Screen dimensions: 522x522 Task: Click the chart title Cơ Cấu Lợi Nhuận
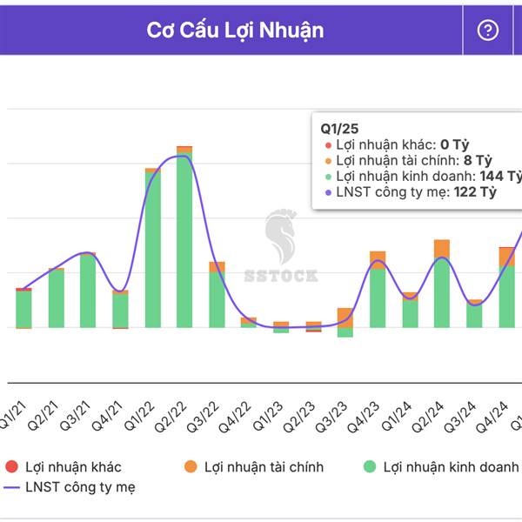[x=235, y=30]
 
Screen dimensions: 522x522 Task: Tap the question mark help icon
[x=488, y=30]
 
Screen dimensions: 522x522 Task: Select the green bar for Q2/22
[x=184, y=244]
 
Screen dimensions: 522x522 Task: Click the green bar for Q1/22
[x=152, y=252]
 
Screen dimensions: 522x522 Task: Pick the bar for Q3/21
[x=88, y=291]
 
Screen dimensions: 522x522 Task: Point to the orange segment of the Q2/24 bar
[x=442, y=249]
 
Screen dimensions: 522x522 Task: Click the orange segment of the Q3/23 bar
[x=345, y=316]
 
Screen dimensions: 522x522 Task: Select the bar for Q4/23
[x=378, y=296]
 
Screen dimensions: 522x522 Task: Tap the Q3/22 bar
[x=217, y=298]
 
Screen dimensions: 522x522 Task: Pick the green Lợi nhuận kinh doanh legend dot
[x=369, y=467]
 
